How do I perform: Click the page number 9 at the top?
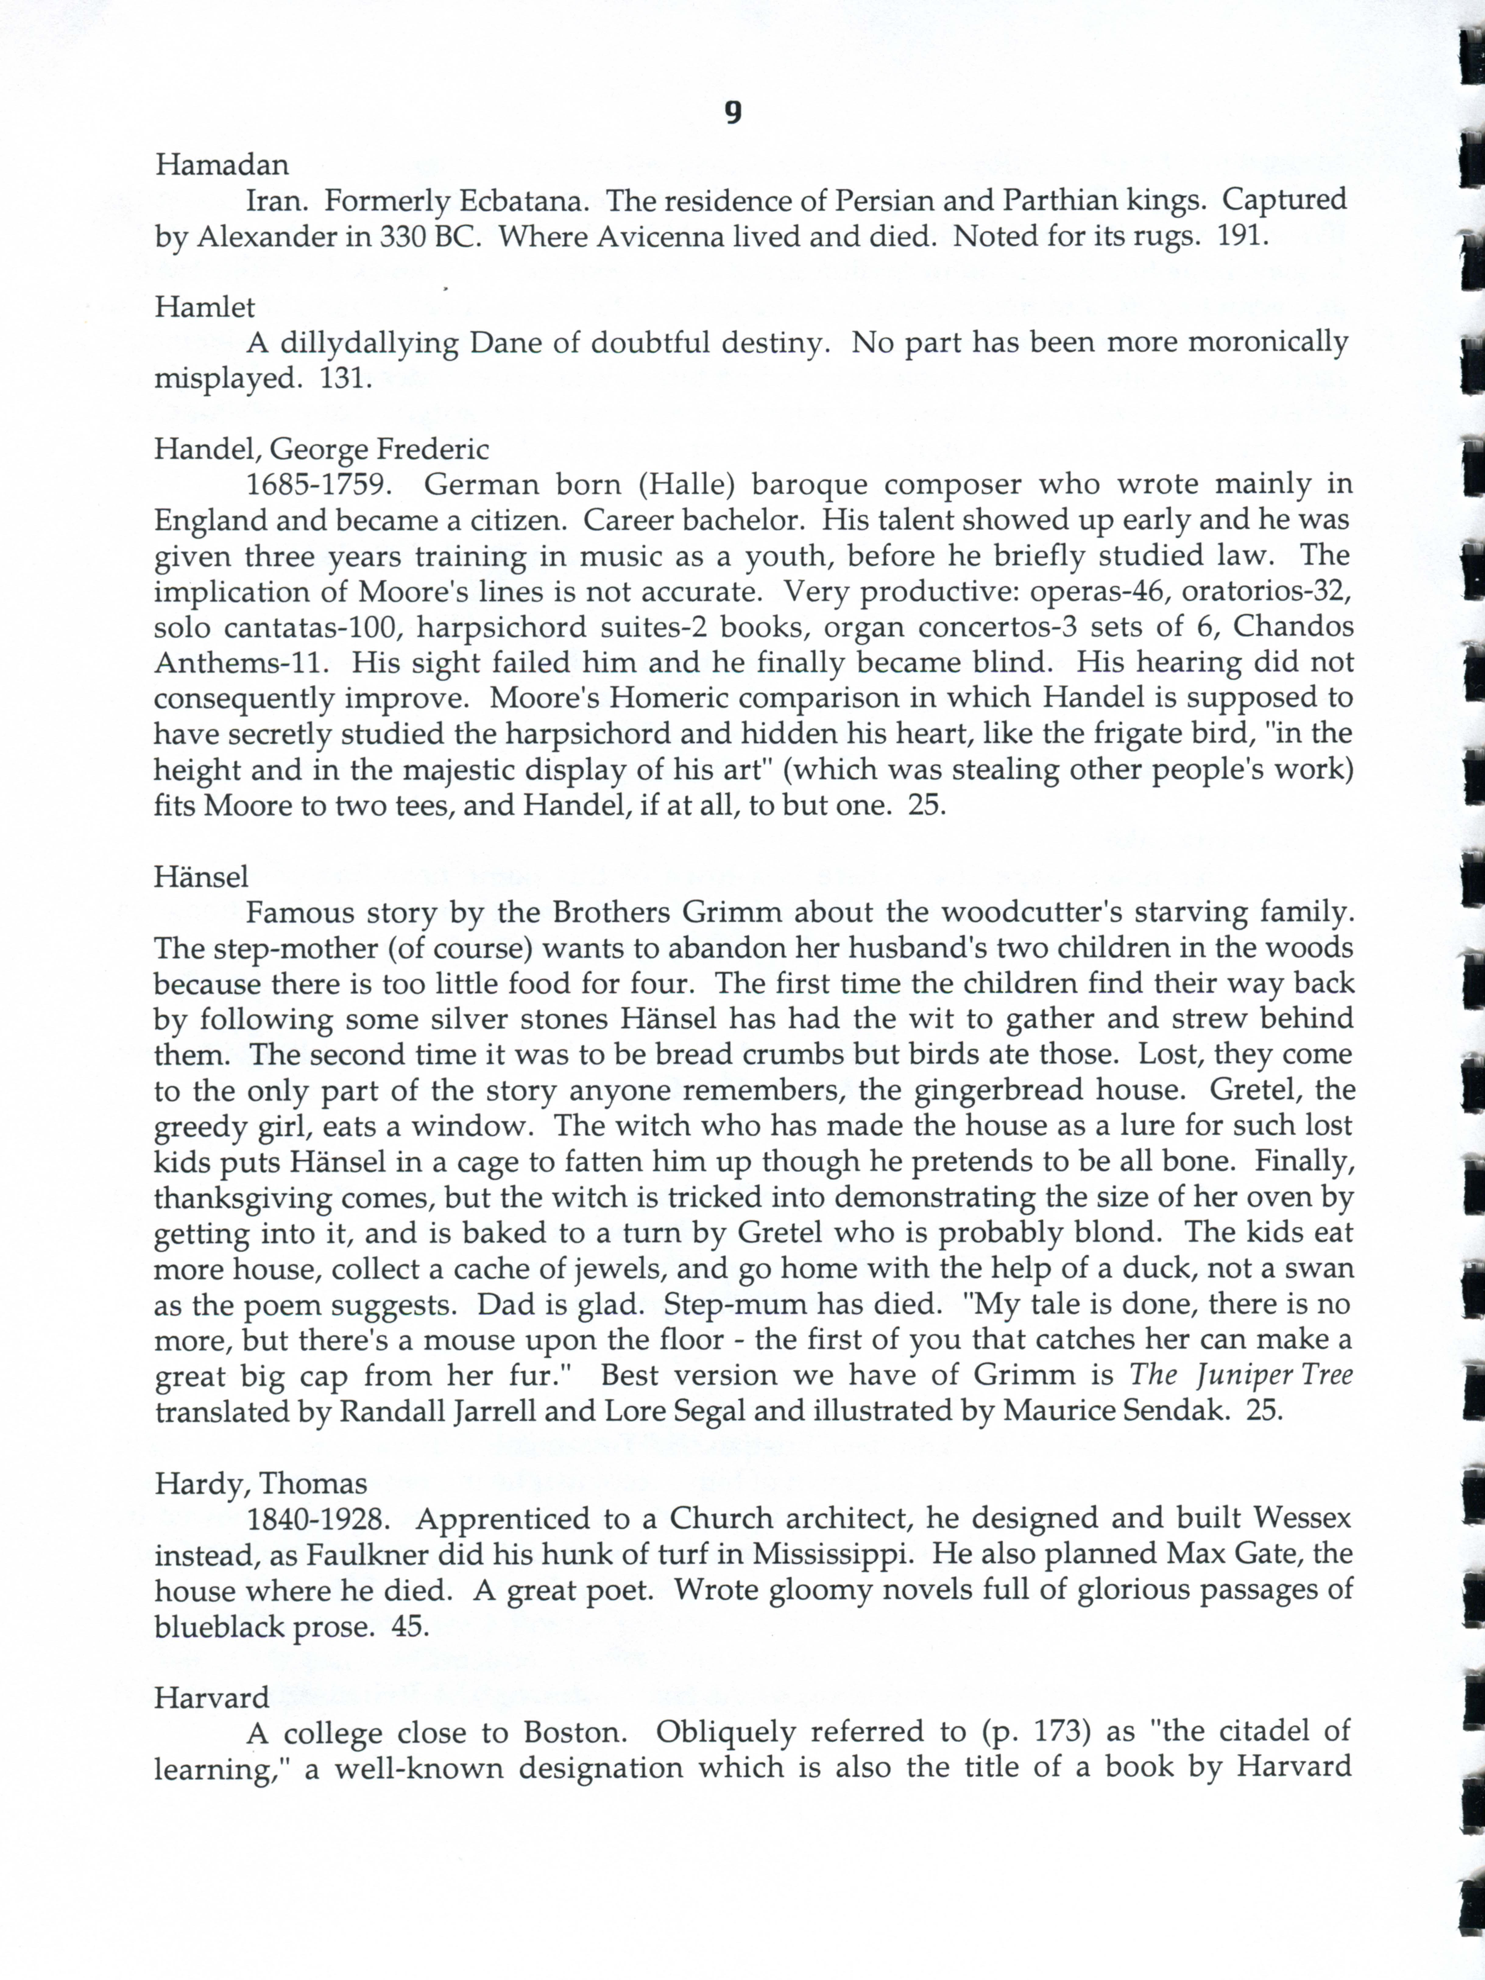pos(732,113)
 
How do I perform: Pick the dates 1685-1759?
pos(319,485)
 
